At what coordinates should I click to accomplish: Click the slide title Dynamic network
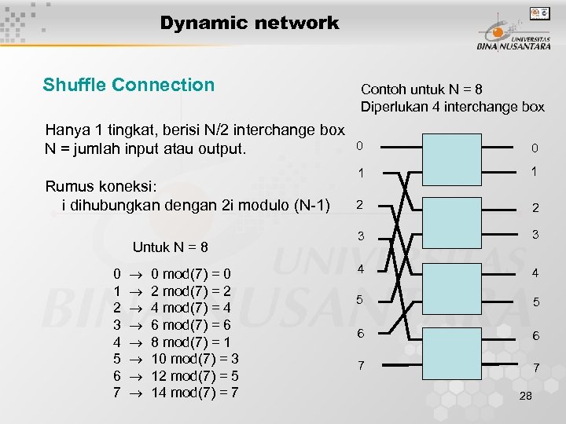[249, 23]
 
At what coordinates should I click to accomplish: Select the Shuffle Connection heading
[128, 85]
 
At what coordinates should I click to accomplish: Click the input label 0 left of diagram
[359, 146]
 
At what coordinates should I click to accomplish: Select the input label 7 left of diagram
[360, 366]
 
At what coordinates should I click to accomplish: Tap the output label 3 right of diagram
[535, 235]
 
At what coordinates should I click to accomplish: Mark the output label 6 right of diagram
[535, 336]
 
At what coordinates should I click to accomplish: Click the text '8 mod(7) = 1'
[191, 342]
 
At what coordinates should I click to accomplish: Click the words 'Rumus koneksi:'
[101, 186]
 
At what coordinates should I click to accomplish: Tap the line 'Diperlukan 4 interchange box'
[452, 107]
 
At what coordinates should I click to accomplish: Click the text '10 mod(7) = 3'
[194, 359]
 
